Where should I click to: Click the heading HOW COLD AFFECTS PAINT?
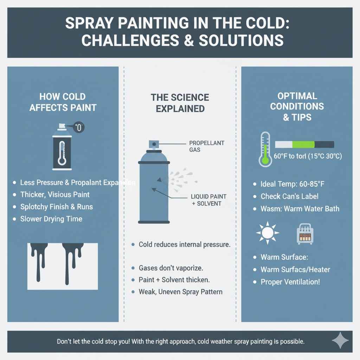(x=62, y=102)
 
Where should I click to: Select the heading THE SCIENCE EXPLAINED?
(x=180, y=103)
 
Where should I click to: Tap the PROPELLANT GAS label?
(x=206, y=146)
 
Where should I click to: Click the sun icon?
(x=268, y=233)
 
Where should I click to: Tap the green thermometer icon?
(x=265, y=149)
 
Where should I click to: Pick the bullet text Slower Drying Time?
(x=51, y=219)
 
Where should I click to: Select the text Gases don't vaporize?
(x=171, y=268)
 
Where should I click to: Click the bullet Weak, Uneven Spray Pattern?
(x=180, y=292)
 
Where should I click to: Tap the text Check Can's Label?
(x=289, y=197)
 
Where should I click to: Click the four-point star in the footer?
(x=340, y=341)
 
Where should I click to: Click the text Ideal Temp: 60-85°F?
(x=294, y=184)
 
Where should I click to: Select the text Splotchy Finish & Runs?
(x=56, y=206)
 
